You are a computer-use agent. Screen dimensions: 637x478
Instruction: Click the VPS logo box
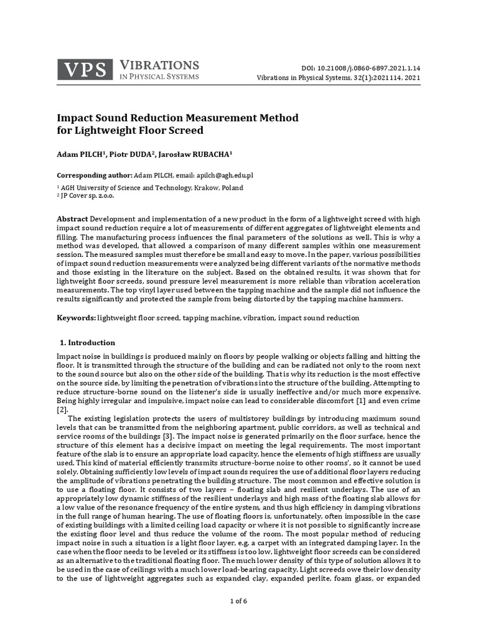85,70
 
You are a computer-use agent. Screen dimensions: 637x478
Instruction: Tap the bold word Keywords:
77,318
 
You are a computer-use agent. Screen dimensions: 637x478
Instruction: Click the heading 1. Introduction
87,343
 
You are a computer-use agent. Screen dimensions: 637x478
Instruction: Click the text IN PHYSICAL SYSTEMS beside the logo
158,77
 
